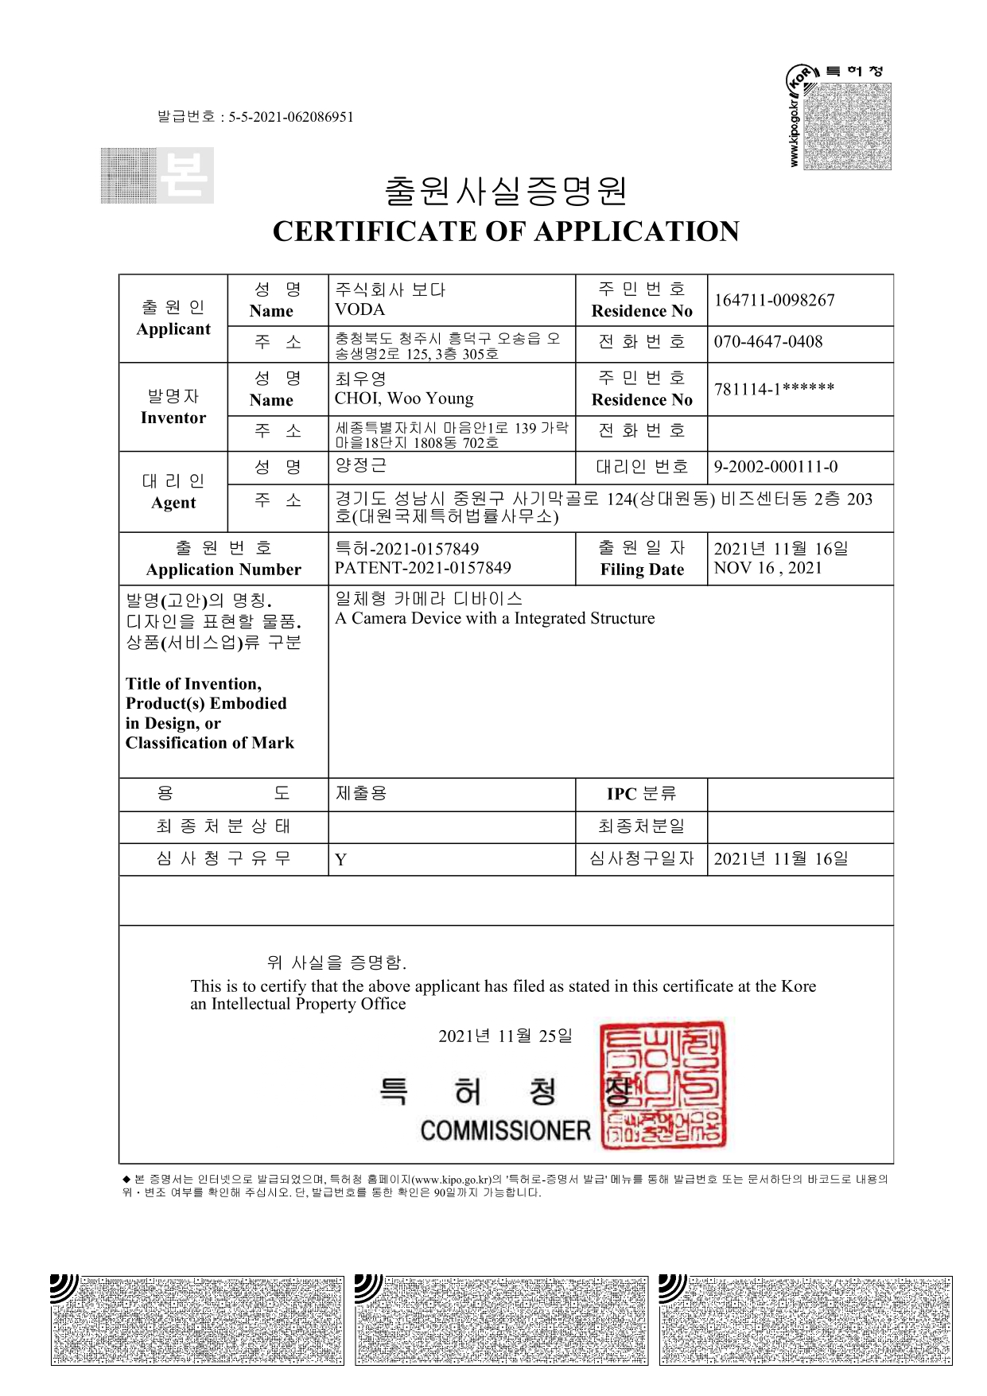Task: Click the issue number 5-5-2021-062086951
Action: [291, 117]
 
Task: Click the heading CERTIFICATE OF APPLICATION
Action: [506, 231]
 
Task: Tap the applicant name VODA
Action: [359, 309]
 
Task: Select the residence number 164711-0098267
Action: [774, 300]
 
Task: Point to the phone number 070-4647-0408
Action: [767, 341]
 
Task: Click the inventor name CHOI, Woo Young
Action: [403, 399]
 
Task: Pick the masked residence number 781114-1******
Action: [774, 389]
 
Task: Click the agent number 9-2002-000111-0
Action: [775, 467]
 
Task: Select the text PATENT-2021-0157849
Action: [422, 568]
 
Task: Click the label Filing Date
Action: [642, 570]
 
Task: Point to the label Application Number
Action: [223, 570]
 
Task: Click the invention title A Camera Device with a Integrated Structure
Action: [495, 618]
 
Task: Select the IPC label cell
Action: [641, 794]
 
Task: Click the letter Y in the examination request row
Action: [340, 860]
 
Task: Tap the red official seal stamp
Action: [663, 1085]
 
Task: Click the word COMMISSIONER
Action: [505, 1130]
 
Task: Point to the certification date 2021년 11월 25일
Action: [505, 1036]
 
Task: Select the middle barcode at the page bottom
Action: [502, 1320]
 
